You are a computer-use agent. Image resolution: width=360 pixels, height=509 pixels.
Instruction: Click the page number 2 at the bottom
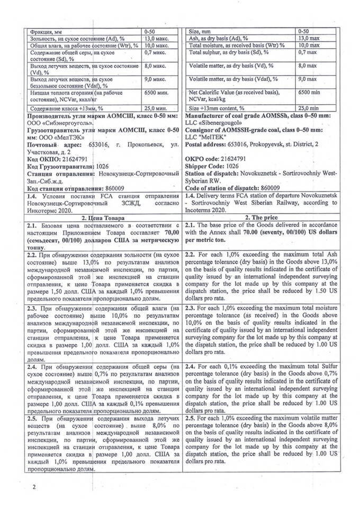click(34, 487)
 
